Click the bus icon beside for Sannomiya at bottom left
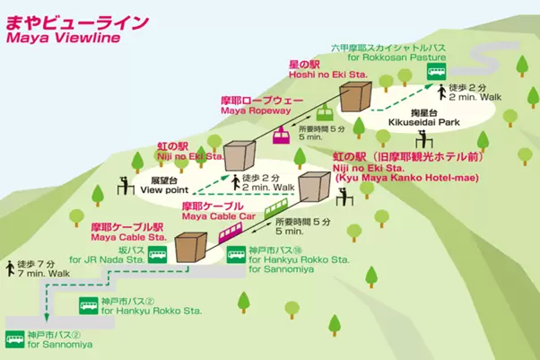click(x=14, y=338)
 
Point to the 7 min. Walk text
click(x=43, y=273)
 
